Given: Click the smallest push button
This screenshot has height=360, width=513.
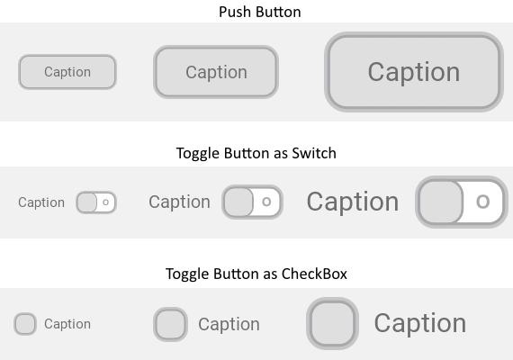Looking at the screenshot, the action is pos(67,72).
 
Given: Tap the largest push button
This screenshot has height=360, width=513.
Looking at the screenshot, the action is pos(414,72).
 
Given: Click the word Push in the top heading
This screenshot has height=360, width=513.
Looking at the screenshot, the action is pos(236,12).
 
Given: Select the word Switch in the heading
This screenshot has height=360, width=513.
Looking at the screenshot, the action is pos(314,153).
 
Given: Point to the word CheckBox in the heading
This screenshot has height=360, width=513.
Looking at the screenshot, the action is pos(314,274).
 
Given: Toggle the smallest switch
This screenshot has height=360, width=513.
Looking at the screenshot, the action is pos(96,202).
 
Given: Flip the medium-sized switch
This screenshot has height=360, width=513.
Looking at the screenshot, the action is pos(252,202).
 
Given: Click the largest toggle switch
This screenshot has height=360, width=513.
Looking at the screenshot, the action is pos(462,202).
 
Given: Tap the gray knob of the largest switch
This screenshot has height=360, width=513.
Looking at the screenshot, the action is pos(441,202).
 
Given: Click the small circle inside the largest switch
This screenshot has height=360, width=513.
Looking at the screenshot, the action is pos(483,202).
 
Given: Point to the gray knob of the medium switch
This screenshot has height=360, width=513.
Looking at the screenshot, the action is pos(238,202).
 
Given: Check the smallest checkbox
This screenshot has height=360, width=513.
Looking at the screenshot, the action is pos(25,324).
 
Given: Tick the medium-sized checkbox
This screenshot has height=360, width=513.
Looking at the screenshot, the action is pos(170,324).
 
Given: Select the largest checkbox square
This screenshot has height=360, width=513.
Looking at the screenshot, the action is pos(332,323).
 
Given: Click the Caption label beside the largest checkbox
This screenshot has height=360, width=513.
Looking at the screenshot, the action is pos(420,323).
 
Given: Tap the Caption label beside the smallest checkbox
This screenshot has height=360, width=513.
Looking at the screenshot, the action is pos(67,324).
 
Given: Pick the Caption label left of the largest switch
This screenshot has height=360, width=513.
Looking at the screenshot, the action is pos(353,202).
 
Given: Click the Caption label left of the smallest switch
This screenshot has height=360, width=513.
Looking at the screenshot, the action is pos(41,202).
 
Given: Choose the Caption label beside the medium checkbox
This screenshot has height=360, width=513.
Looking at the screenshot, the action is pos(229,324).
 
